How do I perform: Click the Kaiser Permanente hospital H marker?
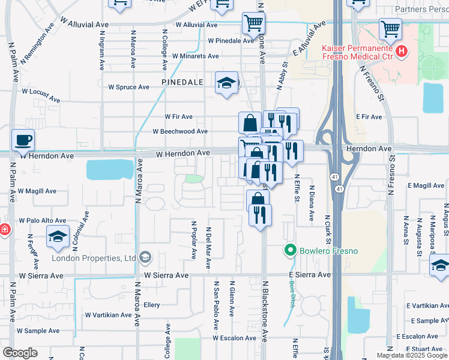(x=402, y=52)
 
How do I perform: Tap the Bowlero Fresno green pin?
(x=291, y=250)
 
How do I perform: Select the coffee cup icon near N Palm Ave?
(x=23, y=140)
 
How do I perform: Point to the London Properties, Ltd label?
(x=93, y=258)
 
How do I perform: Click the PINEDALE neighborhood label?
(x=179, y=81)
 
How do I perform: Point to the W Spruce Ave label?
(x=128, y=87)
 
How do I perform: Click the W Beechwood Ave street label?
(x=180, y=131)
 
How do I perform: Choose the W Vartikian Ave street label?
(x=108, y=314)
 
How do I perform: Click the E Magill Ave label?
(x=428, y=186)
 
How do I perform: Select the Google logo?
(x=20, y=353)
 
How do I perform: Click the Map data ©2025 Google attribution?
(x=412, y=355)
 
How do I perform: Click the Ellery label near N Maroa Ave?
(x=152, y=305)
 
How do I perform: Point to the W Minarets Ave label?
(x=195, y=56)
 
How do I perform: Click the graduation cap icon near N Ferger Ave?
(x=58, y=236)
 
